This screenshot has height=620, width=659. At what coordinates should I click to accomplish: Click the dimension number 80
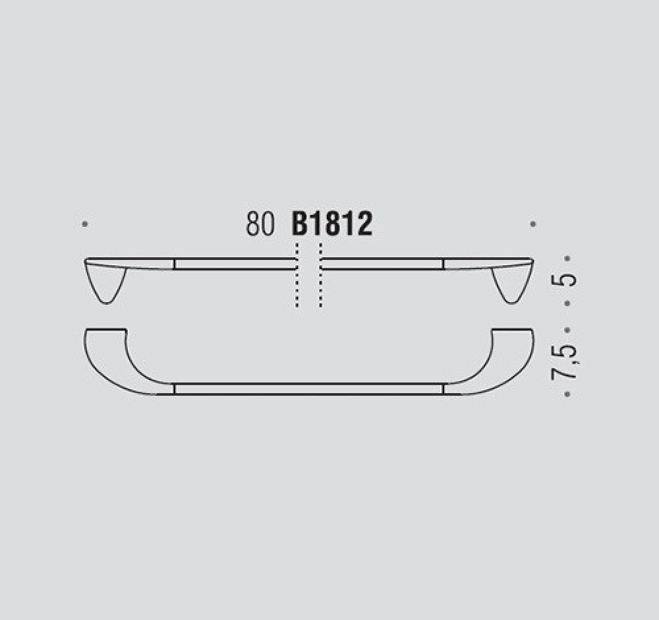pos(260,224)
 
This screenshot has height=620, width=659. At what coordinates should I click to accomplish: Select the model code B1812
pos(332,224)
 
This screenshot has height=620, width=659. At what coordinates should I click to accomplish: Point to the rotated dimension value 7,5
pos(567,361)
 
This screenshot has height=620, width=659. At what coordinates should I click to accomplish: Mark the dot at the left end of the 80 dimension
pos(84,224)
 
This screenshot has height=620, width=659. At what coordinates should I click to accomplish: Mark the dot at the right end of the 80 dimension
pos(533,224)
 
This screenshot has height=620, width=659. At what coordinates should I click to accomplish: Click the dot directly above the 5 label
pos(567,259)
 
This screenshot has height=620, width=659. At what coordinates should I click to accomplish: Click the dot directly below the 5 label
pos(567,304)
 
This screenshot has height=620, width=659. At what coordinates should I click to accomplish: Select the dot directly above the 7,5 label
pos(567,329)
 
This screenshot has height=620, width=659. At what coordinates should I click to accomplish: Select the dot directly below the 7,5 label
pos(567,394)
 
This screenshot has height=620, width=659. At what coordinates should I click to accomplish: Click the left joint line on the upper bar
pos(174,264)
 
